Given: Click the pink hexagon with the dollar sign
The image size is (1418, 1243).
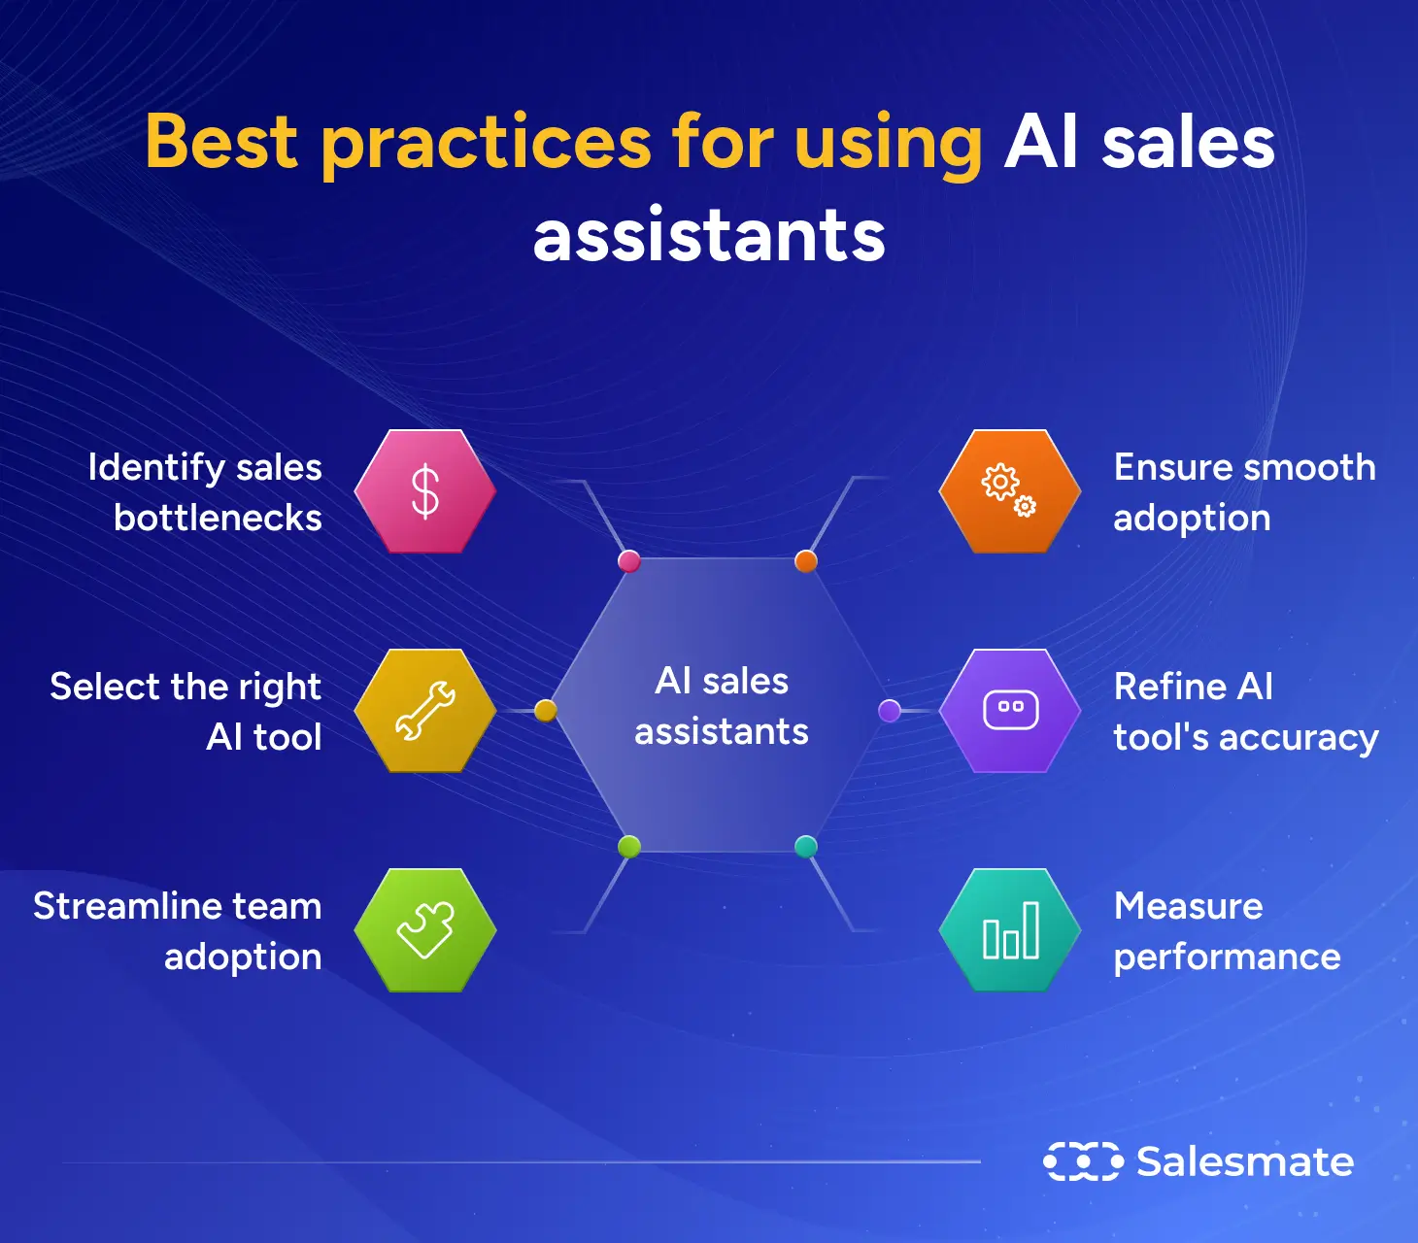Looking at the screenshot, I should [425, 491].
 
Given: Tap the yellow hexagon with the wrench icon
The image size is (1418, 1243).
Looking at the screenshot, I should [425, 711].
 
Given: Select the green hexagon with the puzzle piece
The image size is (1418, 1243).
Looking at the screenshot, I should [425, 930].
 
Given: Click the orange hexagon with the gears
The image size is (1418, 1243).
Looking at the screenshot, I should [1010, 491].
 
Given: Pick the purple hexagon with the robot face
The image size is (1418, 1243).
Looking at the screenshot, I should [1010, 711].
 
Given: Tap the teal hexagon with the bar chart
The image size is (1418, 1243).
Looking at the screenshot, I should [1010, 930].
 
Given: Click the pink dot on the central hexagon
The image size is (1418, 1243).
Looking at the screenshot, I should [629, 561].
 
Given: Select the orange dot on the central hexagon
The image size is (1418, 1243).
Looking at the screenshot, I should [806, 561].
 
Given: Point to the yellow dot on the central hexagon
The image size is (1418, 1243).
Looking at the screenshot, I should [546, 711].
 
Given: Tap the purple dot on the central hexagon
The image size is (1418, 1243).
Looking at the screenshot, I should [890, 711].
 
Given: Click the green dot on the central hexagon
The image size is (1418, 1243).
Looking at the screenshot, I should [629, 847].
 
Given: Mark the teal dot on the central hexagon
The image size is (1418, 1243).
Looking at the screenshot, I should [806, 847].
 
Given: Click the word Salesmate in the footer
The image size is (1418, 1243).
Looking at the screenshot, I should [1245, 1161].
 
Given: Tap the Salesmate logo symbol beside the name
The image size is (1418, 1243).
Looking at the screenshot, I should [1083, 1161].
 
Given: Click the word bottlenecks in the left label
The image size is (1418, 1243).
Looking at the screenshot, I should [218, 519].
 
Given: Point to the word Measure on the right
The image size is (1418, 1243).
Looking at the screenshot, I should [1188, 906].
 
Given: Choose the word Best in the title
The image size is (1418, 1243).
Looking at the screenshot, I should [221, 142].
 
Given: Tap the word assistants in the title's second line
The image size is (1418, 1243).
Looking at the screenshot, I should [709, 236].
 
